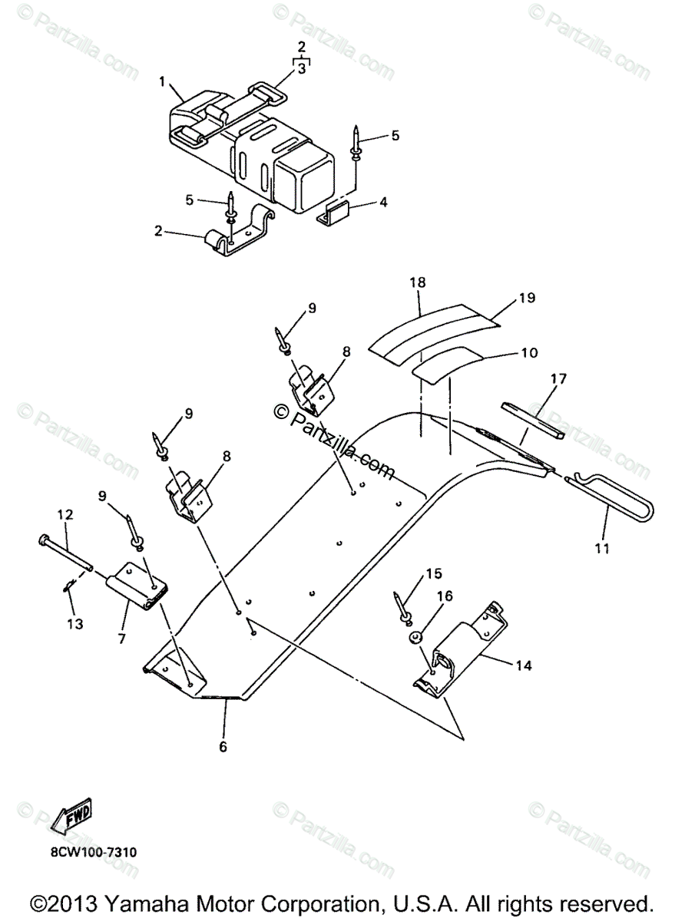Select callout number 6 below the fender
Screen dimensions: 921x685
tap(223, 745)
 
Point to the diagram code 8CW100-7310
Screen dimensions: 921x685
tap(95, 853)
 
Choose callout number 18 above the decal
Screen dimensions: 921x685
tap(417, 282)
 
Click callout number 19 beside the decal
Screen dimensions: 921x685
tap(526, 296)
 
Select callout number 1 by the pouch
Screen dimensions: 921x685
tap(162, 80)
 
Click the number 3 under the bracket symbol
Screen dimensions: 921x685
tap(302, 68)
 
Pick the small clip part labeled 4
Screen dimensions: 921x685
tap(336, 212)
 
